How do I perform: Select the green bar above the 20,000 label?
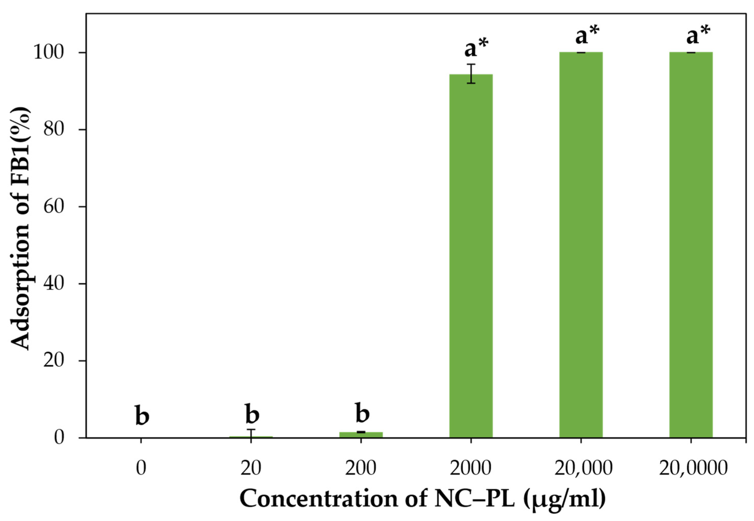pos(581,245)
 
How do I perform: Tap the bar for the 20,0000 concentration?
pos(691,245)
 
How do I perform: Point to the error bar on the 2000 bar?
pos(471,74)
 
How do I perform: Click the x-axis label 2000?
pos(471,469)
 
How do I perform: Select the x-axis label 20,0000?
pos(693,469)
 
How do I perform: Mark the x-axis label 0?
pos(141,469)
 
